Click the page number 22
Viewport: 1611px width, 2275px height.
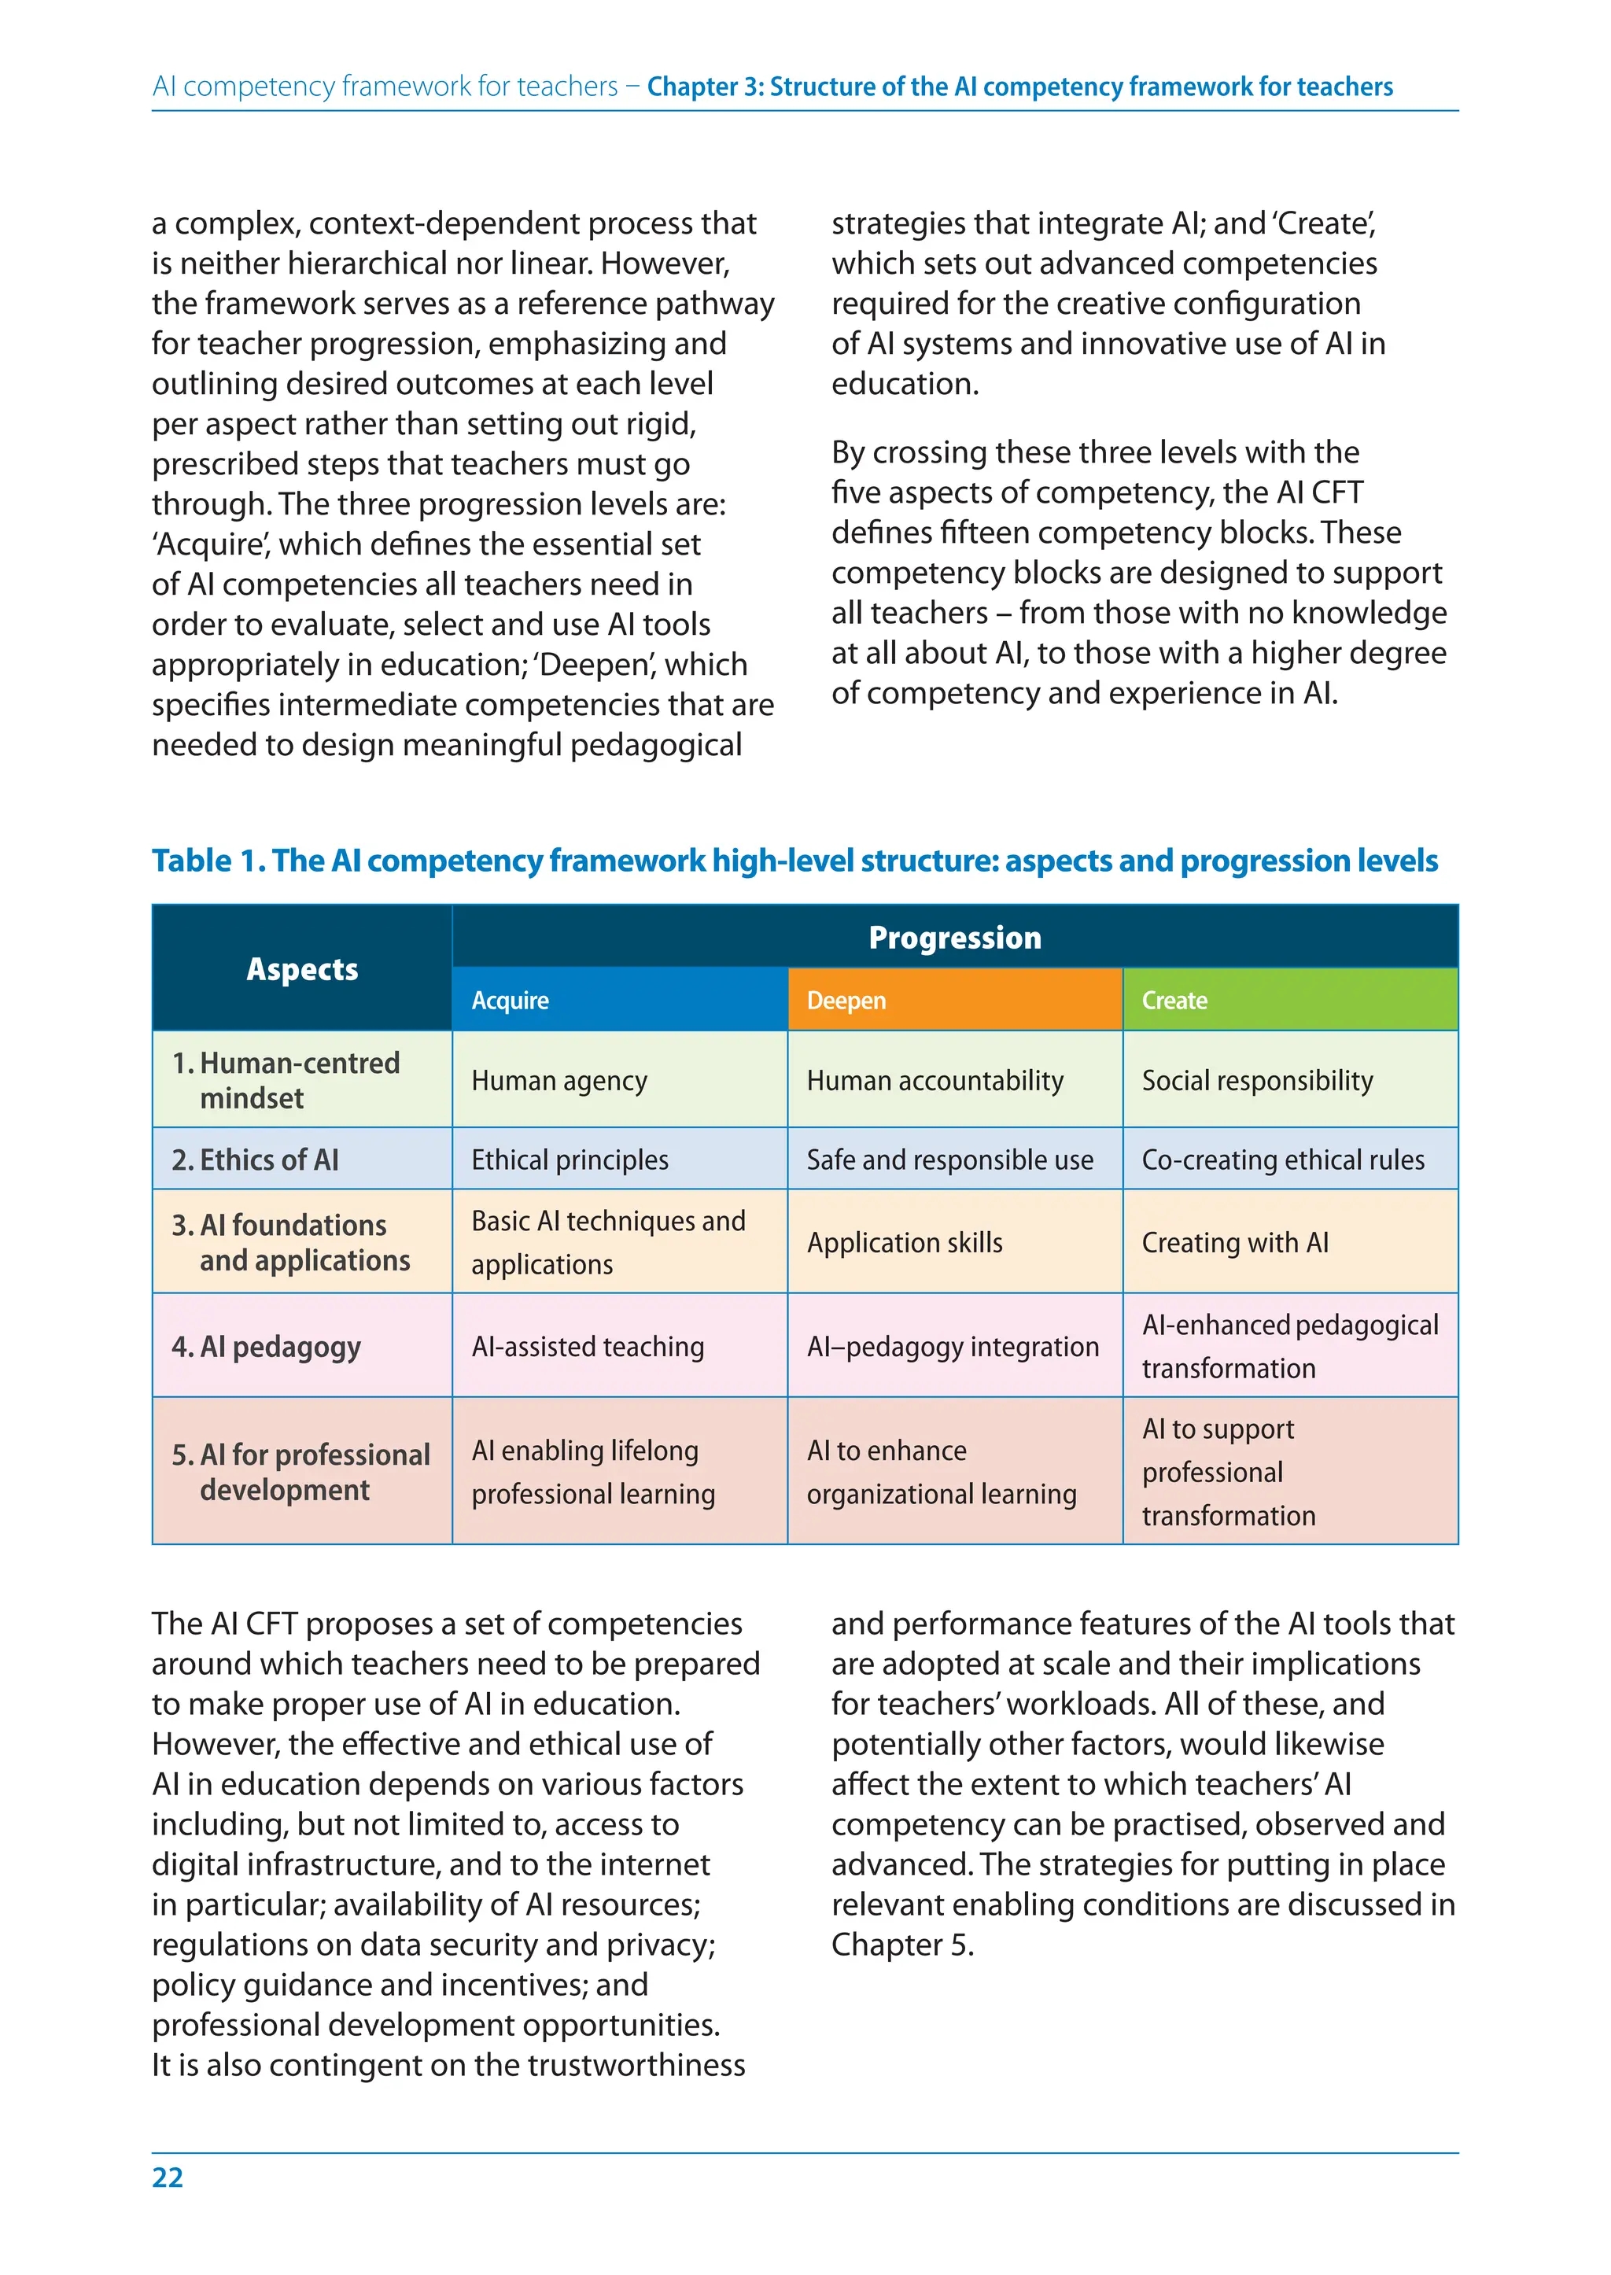click(x=168, y=2177)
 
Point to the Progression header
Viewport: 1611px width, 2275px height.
click(x=954, y=938)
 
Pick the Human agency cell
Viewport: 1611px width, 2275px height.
click(x=559, y=1080)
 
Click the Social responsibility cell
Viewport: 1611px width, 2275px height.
click(x=1257, y=1080)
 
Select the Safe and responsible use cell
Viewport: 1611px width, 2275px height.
click(x=949, y=1160)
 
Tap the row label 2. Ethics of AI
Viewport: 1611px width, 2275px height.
click(x=256, y=1160)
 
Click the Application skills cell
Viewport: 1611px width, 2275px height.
click(x=905, y=1242)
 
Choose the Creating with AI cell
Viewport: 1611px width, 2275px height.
click(x=1235, y=1242)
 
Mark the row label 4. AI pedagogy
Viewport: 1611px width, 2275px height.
click(x=266, y=1346)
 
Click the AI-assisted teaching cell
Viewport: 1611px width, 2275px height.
click(x=588, y=1346)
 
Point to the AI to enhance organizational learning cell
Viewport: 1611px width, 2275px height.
click(x=941, y=1471)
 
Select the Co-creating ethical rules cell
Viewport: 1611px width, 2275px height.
click(x=1283, y=1160)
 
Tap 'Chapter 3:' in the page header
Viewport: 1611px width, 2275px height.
click(x=704, y=87)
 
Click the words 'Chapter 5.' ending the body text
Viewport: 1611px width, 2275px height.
click(x=901, y=1945)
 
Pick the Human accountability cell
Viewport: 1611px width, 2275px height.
click(x=935, y=1080)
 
